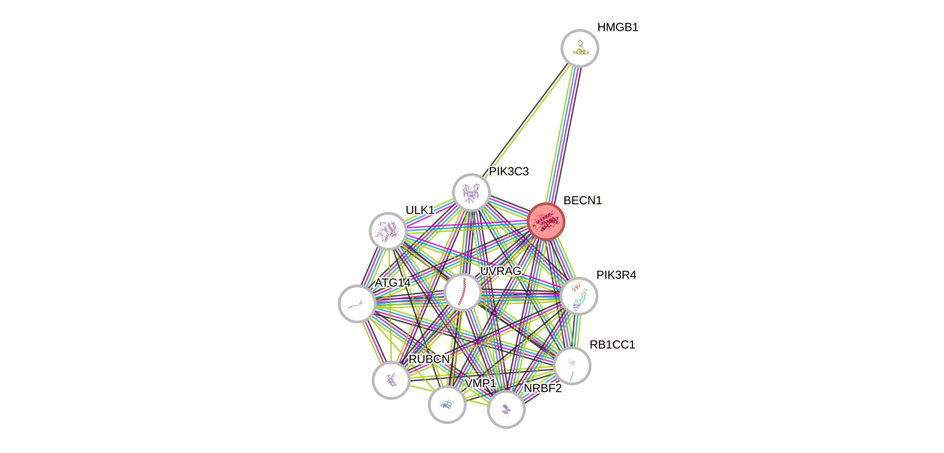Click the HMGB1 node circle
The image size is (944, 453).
(580, 48)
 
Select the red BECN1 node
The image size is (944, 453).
(546, 222)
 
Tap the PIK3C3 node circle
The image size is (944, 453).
(471, 193)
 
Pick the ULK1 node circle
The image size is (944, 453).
(388, 231)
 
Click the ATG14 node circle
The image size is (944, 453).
(357, 303)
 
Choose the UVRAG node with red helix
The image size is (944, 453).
(462, 292)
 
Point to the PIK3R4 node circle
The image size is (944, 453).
(579, 296)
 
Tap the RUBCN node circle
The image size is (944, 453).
(391, 380)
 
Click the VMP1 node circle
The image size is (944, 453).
(447, 404)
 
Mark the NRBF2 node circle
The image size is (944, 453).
(506, 409)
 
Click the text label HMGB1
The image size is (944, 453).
(618, 27)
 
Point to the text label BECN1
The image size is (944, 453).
(582, 200)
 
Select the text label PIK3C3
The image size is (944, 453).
(509, 171)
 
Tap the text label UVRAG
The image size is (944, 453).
(500, 271)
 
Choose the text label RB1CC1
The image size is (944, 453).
(612, 344)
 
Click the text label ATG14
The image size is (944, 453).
(392, 283)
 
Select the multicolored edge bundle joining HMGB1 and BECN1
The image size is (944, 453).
(563, 136)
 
